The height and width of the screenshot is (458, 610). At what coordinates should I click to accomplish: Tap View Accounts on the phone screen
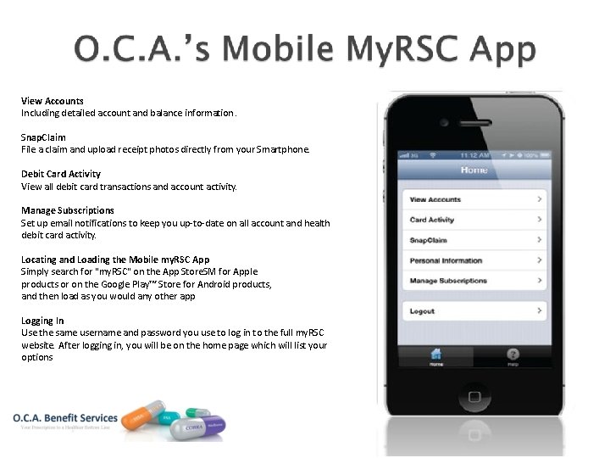pos(474,199)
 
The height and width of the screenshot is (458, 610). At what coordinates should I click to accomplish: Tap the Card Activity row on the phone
pos(474,220)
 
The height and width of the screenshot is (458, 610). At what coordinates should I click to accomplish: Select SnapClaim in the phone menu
pos(474,240)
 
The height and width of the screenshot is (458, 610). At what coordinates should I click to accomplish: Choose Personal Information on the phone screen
pos(474,260)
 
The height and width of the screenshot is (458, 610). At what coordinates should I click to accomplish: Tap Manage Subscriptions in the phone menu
pos(474,281)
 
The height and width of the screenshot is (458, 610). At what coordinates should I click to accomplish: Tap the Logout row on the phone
pos(474,311)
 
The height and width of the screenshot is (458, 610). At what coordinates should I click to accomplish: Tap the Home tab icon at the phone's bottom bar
pos(435,358)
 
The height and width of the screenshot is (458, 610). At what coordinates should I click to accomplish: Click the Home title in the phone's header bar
pos(474,170)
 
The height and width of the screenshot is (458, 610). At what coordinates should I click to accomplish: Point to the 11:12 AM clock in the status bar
pos(474,156)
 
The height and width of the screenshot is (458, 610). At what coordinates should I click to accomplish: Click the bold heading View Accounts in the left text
pos(53,101)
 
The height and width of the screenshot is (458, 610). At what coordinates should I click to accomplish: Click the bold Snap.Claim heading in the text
pos(43,137)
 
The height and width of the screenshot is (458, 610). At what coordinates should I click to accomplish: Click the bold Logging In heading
pos(42,321)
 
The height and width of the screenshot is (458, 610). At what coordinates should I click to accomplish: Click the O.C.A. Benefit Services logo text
pos(64,418)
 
